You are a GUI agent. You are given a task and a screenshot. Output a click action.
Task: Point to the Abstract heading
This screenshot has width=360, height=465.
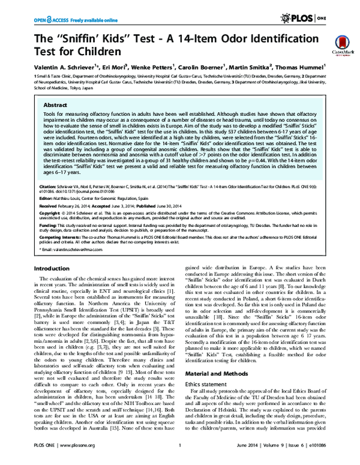click(56, 104)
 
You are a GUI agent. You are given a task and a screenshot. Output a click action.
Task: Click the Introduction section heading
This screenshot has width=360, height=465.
click(53, 268)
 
